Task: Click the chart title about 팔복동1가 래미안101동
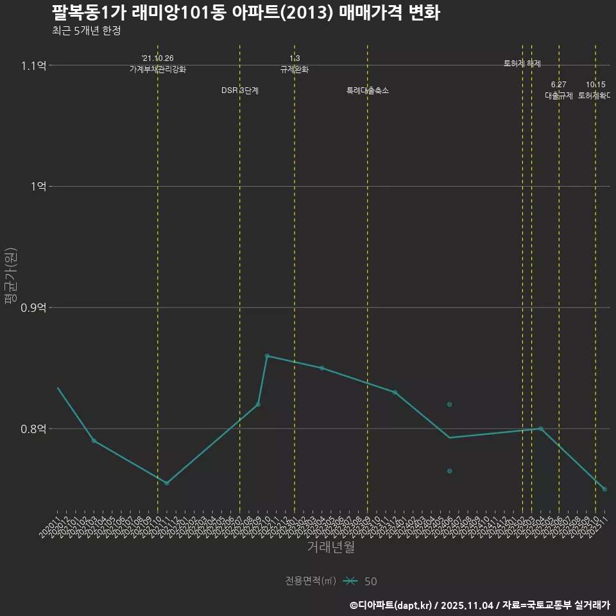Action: click(246, 13)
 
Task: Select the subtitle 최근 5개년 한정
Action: click(86, 31)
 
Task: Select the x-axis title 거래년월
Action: click(330, 547)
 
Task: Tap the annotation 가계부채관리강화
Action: click(158, 69)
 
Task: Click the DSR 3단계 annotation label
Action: click(240, 90)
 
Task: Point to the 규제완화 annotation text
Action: click(295, 69)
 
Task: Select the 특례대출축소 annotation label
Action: click(368, 90)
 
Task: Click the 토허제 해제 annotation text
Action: click(522, 64)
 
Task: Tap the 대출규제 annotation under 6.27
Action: click(559, 96)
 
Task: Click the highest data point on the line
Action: click(267, 355)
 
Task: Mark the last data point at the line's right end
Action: click(604, 489)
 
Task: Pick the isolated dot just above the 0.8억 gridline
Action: click(450, 404)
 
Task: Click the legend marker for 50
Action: click(350, 581)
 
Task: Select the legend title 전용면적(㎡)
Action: click(311, 581)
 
